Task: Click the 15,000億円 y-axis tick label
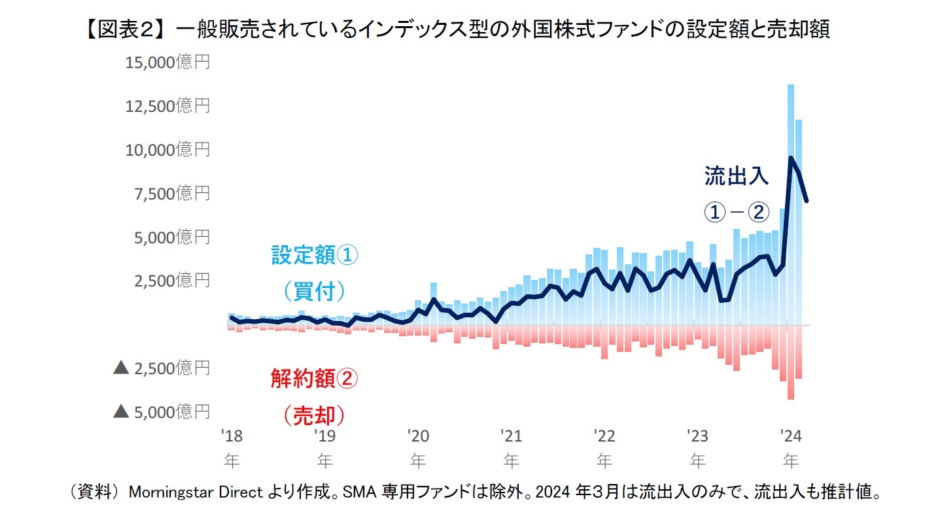(x=167, y=62)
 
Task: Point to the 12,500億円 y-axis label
(x=167, y=105)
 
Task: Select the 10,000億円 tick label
(x=167, y=149)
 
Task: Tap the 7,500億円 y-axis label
(x=171, y=193)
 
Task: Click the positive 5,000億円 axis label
(x=171, y=237)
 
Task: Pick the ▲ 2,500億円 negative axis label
(x=162, y=368)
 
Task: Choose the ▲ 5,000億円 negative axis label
(x=162, y=411)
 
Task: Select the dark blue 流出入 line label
(x=736, y=176)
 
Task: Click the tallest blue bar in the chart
(x=791, y=196)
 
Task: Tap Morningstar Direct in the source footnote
(x=196, y=493)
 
